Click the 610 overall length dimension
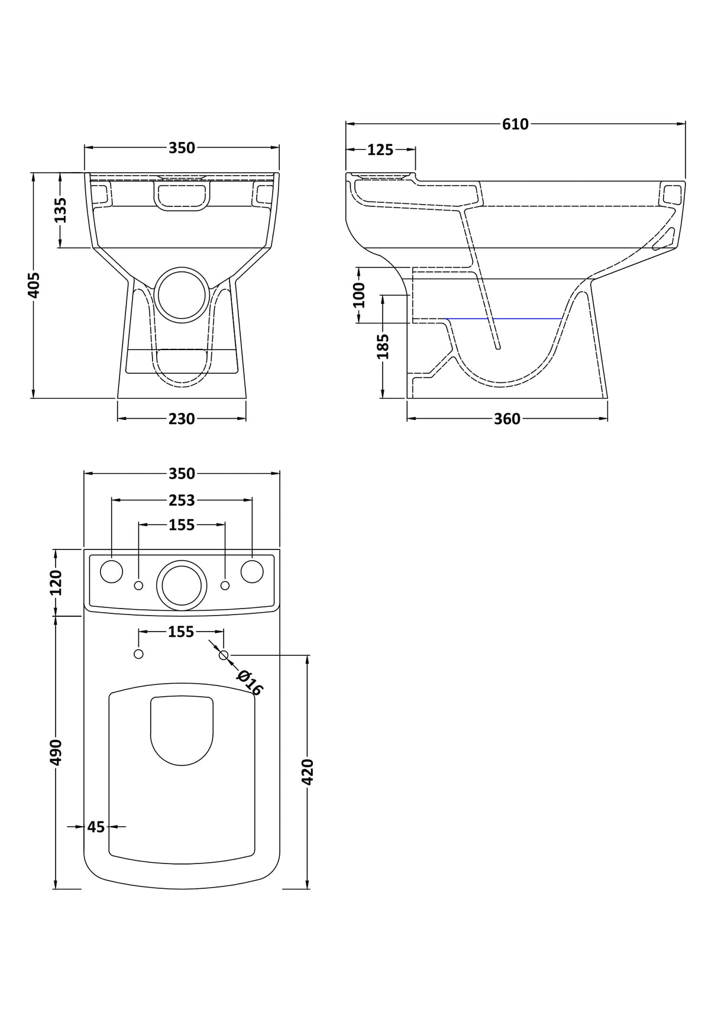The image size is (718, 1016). [515, 124]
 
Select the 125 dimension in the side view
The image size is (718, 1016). [380, 150]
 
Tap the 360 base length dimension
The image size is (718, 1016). [507, 419]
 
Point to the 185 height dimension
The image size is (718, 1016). [383, 346]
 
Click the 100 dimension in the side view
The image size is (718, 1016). [359, 295]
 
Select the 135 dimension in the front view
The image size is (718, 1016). [60, 210]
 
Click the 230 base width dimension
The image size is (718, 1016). [182, 419]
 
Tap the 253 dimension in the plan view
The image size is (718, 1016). [182, 500]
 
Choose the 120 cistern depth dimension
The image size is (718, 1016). [56, 583]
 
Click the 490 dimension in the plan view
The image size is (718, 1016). [56, 752]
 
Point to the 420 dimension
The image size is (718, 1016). [308, 771]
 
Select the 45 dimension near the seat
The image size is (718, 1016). [96, 826]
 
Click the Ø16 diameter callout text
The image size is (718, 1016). [250, 682]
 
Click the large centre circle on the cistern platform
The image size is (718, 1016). [182, 585]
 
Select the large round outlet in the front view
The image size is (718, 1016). [182, 295]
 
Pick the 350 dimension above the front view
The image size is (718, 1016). [182, 148]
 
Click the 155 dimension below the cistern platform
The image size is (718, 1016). [181, 632]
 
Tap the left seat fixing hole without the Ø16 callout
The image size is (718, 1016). [138, 653]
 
